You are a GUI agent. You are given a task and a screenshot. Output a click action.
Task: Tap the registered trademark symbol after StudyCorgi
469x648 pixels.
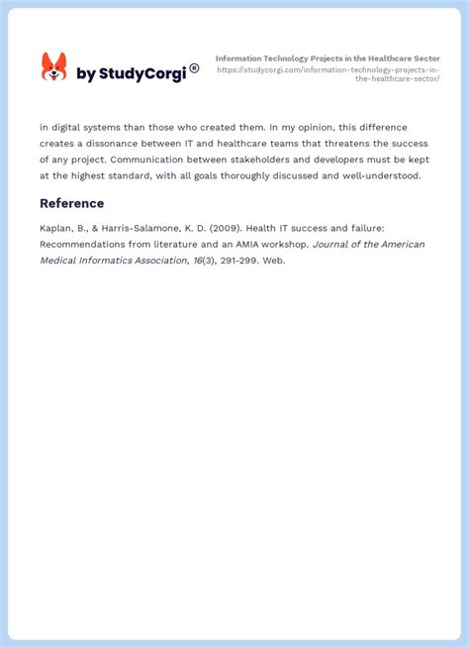coord(194,68)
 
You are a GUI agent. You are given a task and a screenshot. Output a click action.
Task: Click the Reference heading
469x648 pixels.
coord(71,203)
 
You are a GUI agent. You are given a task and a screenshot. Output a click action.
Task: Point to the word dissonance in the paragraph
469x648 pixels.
coord(122,144)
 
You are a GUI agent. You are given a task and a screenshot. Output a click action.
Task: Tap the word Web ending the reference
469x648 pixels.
coord(272,261)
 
